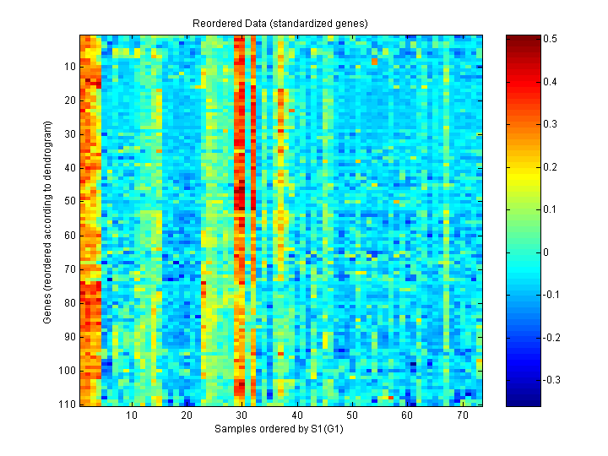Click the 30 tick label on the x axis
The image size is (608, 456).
coord(242,416)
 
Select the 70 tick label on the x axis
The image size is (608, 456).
coord(462,416)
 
